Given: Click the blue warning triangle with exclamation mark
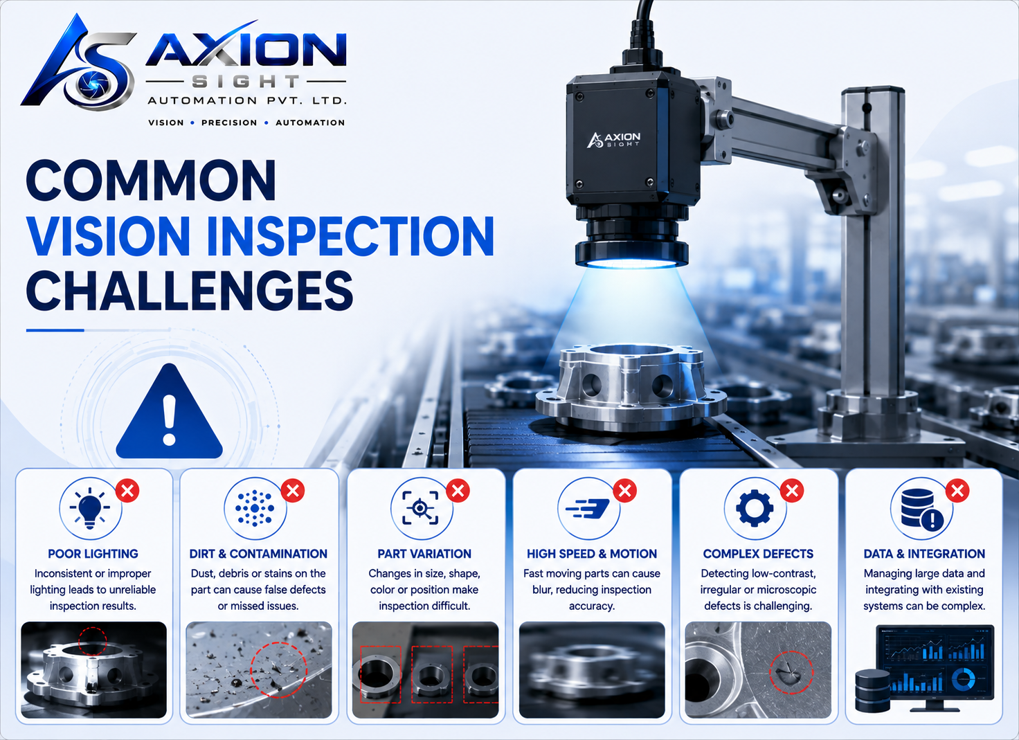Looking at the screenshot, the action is click(169, 415).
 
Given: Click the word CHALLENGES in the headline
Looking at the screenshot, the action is click(189, 290).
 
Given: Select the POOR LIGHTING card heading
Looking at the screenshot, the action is click(93, 554).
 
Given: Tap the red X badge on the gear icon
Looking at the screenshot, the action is click(792, 491).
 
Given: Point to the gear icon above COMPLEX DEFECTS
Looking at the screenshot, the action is click(755, 508).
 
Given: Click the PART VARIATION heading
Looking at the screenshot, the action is click(424, 554).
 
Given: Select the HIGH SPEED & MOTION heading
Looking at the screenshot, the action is click(592, 554).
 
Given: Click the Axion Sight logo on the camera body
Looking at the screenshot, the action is click(613, 140).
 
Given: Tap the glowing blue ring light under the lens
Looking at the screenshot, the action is click(631, 263).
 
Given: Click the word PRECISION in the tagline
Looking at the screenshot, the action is click(229, 123).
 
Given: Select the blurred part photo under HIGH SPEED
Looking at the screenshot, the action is click(592, 670).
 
